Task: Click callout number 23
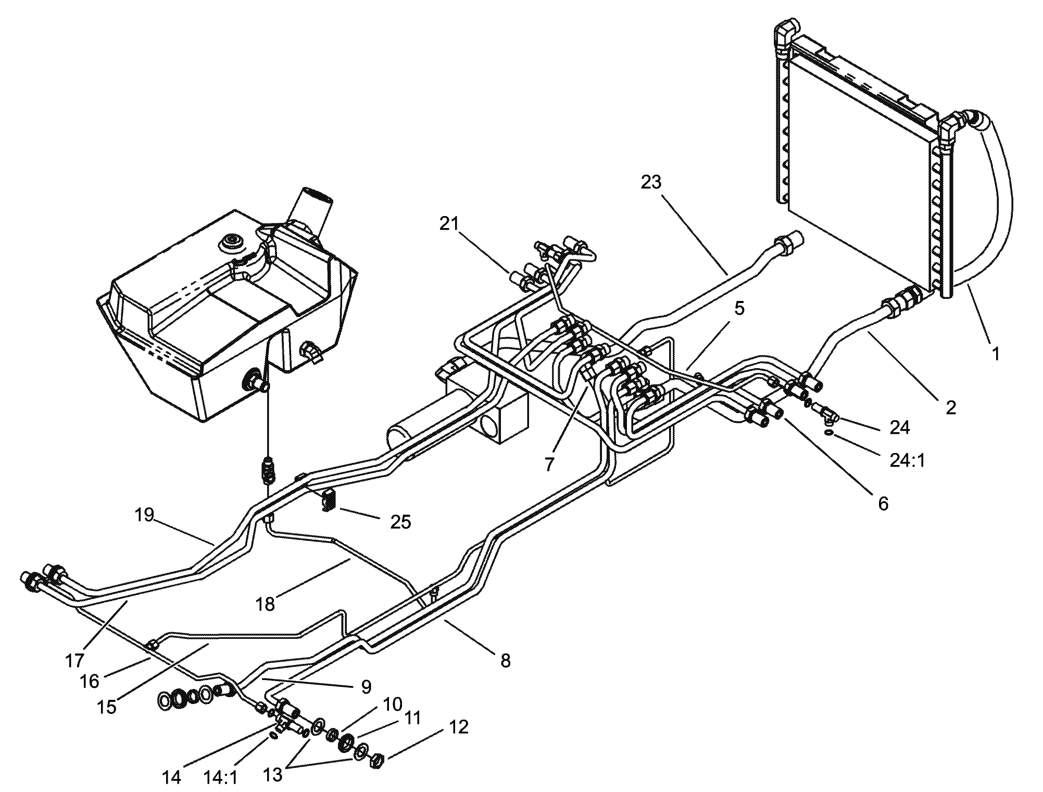[651, 182]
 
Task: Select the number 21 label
[449, 224]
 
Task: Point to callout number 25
[400, 521]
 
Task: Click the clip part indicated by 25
[330, 500]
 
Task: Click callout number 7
[549, 464]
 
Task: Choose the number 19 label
[144, 515]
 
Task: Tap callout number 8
[505, 661]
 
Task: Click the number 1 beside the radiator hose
[995, 354]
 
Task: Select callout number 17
[74, 661]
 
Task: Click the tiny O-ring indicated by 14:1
[273, 736]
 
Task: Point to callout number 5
[739, 309]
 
